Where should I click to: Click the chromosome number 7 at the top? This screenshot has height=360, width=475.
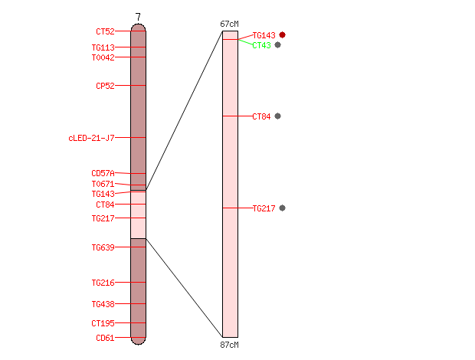138,17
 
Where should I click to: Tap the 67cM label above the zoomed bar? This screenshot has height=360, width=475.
229,24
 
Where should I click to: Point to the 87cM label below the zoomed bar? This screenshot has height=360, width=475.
229,345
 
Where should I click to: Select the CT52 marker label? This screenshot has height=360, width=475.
105,31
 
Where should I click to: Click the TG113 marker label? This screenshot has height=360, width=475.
103,47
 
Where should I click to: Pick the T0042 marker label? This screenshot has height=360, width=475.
103,57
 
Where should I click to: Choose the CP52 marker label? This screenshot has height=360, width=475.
105,86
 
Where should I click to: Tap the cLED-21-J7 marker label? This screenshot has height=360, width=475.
91,138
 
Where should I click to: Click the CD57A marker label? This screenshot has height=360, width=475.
103,173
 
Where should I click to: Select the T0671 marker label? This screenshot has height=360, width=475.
103,184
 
